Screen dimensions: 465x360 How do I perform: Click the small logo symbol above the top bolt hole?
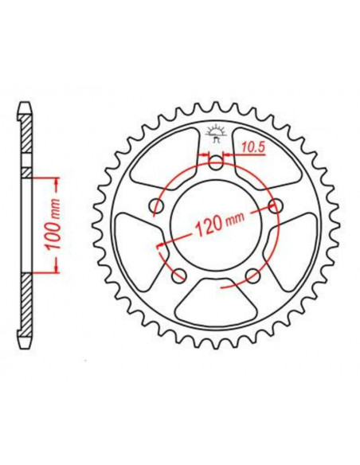click(215, 132)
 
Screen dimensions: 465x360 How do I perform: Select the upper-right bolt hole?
click(276, 206)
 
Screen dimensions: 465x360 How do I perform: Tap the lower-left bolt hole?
click(178, 276)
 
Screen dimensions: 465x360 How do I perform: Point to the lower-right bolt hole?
click(253, 276)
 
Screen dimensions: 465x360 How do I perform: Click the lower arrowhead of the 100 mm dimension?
click(55, 272)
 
